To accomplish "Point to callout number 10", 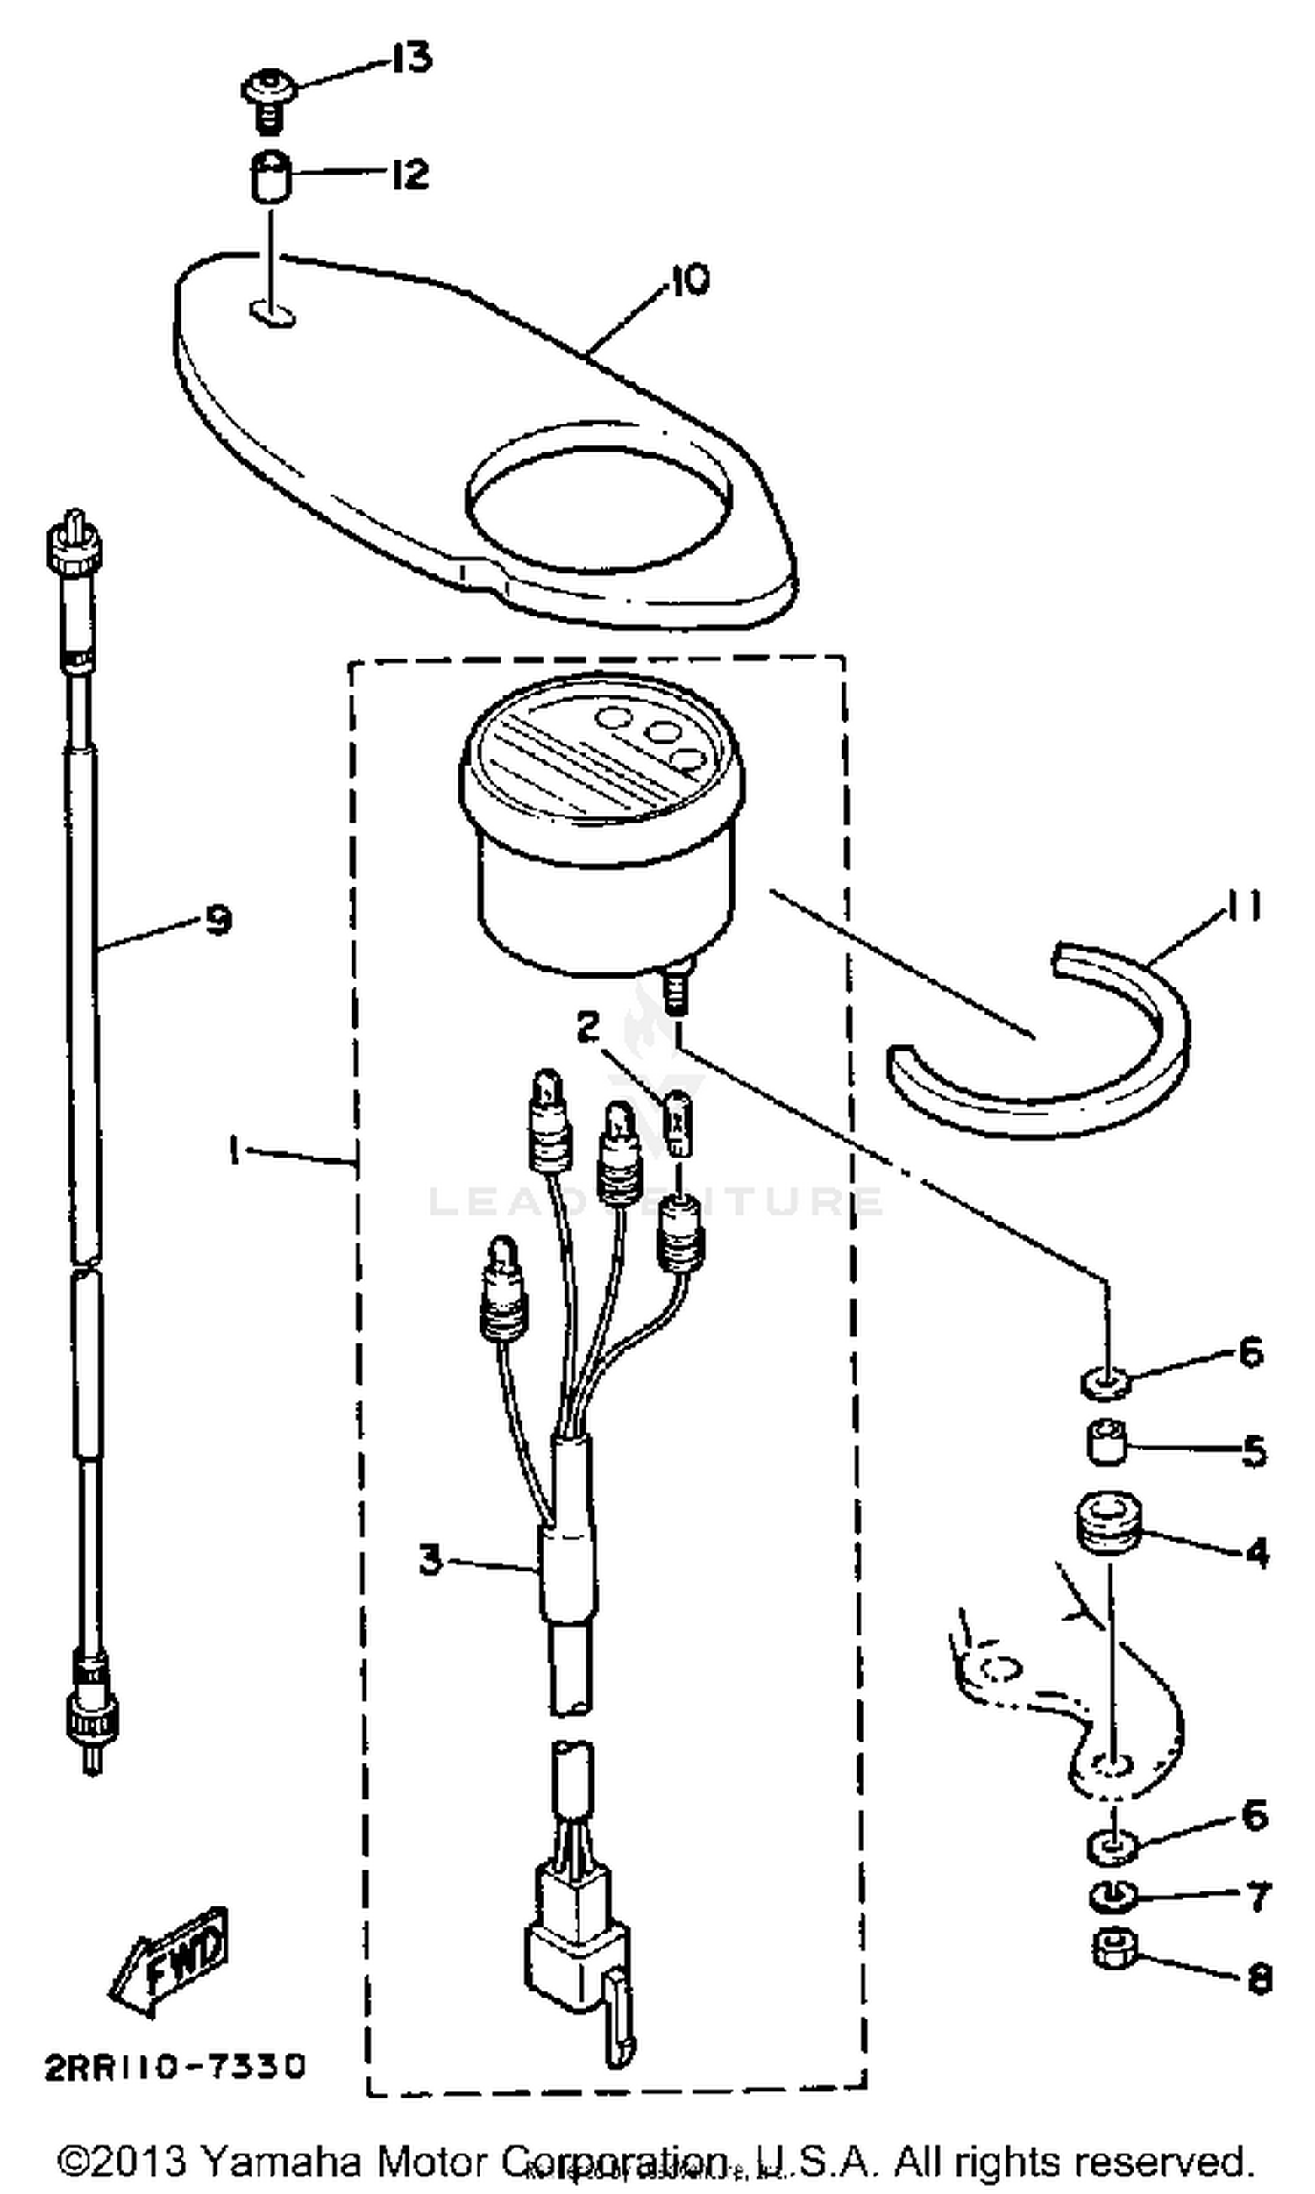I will [x=689, y=280].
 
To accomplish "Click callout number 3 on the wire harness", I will [x=430, y=1560].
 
